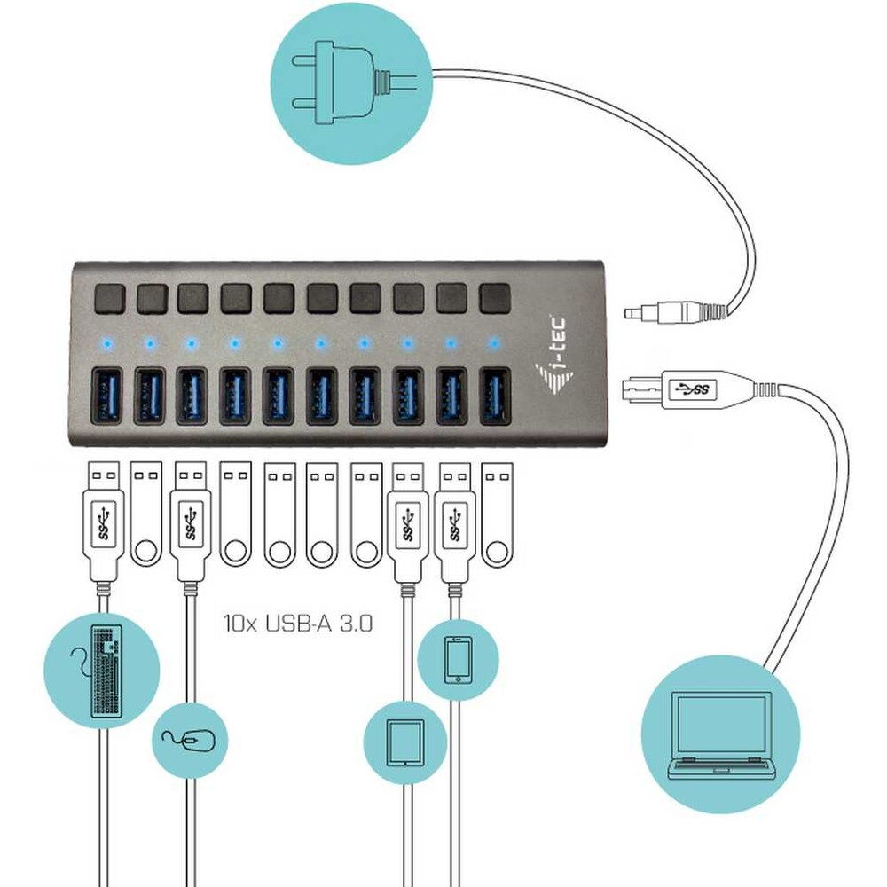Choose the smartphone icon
tap(458, 659)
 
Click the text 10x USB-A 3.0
tap(297, 623)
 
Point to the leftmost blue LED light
tap(106, 341)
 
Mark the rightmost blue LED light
tap(494, 341)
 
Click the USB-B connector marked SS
tap(688, 388)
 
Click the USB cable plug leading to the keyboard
tap(106, 519)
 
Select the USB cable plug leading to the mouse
tap(190, 519)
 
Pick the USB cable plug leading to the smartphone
tap(455, 519)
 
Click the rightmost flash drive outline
tap(497, 514)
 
